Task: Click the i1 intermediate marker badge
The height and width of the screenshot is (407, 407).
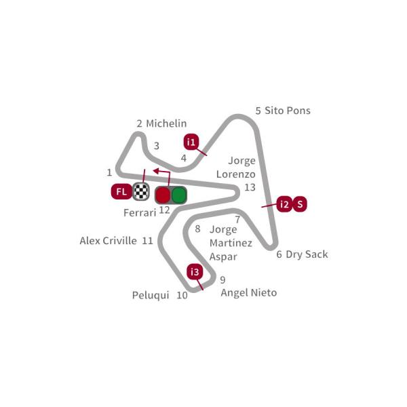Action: point(191,142)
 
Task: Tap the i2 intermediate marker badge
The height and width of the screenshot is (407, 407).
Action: point(284,204)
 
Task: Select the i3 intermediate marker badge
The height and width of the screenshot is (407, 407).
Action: point(195,272)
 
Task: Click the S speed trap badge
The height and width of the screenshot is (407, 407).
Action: point(300,204)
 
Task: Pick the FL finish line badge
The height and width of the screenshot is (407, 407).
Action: point(121,191)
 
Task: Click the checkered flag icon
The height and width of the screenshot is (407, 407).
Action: point(141,191)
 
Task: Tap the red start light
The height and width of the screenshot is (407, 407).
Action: point(163,195)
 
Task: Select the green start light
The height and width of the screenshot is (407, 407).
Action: point(179,195)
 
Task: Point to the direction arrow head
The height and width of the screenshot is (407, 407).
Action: point(156,171)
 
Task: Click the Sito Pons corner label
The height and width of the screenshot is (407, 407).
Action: point(288,111)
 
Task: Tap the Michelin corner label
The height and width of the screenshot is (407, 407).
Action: point(166,123)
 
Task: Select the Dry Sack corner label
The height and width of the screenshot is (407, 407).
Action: point(307,254)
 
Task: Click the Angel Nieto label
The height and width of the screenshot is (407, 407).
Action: point(249,293)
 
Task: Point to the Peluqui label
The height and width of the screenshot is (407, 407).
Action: point(151,295)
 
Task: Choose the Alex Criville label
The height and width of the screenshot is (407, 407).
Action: point(109,241)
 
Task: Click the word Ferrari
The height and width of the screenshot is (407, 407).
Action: point(140,213)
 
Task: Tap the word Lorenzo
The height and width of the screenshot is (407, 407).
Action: point(235,174)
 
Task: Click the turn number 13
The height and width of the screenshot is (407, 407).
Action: point(250,187)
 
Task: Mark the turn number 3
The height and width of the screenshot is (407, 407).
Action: point(157,146)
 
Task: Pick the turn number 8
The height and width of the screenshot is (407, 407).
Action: point(197,229)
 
